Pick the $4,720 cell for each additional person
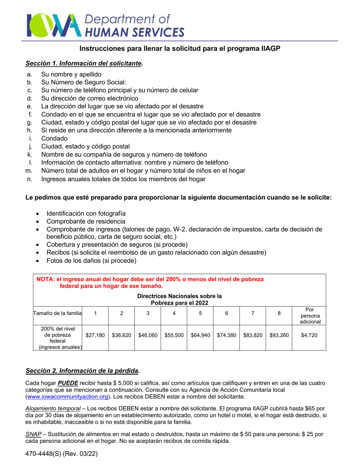point(308,335)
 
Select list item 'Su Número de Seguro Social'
point(83,82)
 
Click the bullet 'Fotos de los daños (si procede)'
point(91,261)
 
